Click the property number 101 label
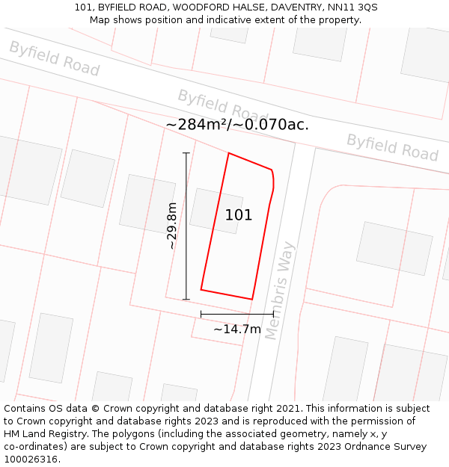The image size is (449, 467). click(x=239, y=215)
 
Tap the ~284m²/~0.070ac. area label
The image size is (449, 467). click(x=237, y=125)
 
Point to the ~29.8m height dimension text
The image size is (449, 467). click(x=172, y=226)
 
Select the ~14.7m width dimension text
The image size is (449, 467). click(x=237, y=329)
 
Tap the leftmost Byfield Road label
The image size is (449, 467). click(x=54, y=58)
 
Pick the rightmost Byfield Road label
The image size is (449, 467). click(x=391, y=147)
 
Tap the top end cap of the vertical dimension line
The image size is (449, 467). click(x=186, y=153)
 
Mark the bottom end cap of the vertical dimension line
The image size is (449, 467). click(x=186, y=300)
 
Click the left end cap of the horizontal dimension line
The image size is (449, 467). click(x=201, y=315)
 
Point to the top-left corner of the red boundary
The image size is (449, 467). click(x=228, y=154)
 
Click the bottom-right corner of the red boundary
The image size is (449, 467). click(x=252, y=299)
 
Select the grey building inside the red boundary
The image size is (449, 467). click(x=216, y=211)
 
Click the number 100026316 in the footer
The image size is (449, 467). click(x=29, y=460)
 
